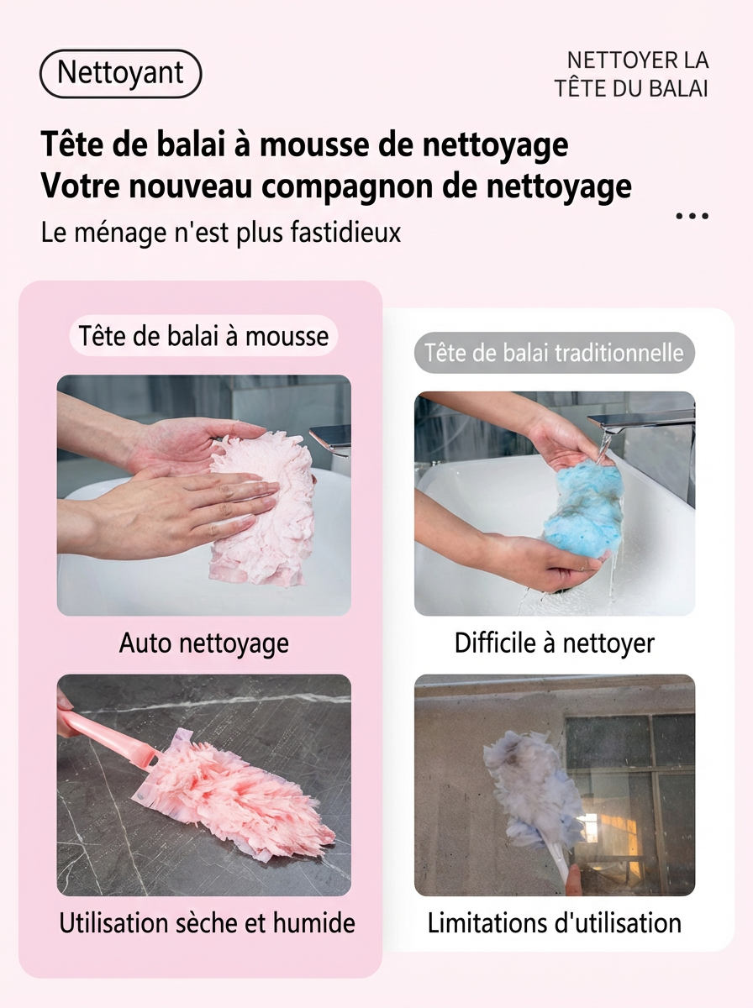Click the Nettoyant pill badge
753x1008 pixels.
tap(121, 73)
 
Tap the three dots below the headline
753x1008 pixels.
tap(692, 215)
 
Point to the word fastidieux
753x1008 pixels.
tap(346, 232)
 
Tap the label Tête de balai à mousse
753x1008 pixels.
tap(203, 336)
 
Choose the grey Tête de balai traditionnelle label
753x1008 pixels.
tap(554, 353)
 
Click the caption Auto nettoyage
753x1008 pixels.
tap(204, 643)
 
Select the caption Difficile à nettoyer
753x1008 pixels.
tap(555, 643)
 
